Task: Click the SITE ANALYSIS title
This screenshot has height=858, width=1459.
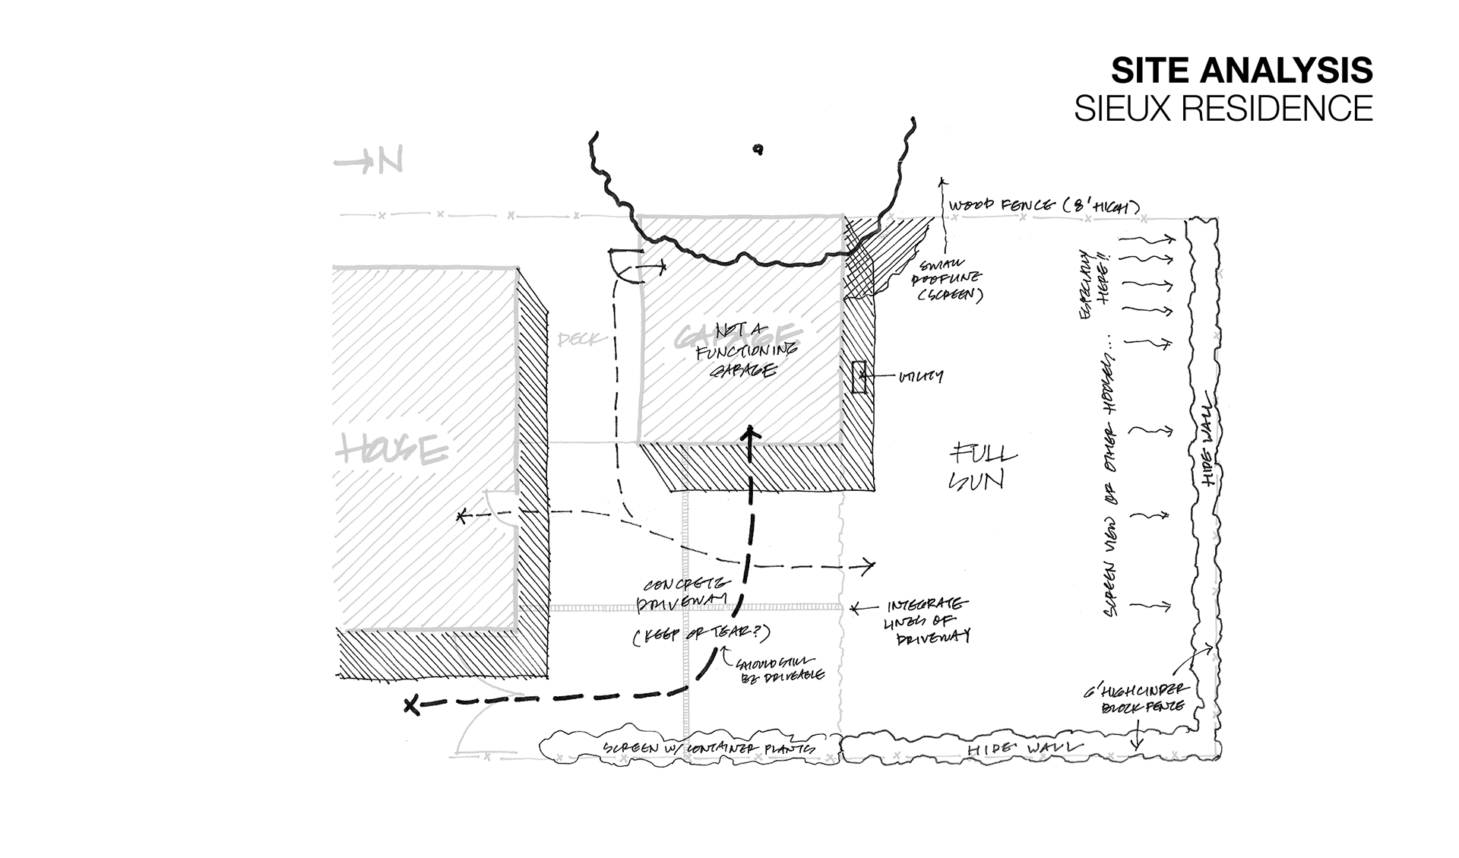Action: pyautogui.click(x=1241, y=71)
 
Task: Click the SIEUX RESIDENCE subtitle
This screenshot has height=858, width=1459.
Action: pyautogui.click(x=1223, y=109)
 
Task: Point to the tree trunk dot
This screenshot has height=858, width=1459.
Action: pyautogui.click(x=758, y=150)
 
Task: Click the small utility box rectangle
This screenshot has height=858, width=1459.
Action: pyautogui.click(x=859, y=377)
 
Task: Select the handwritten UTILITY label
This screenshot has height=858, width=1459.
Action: pyautogui.click(x=920, y=376)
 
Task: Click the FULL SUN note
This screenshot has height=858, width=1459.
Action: pyautogui.click(x=982, y=467)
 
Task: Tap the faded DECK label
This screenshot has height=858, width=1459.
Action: pyautogui.click(x=578, y=339)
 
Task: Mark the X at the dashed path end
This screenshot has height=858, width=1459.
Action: pyautogui.click(x=411, y=705)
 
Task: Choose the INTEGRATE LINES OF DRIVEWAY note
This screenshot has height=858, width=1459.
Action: pyautogui.click(x=929, y=621)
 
